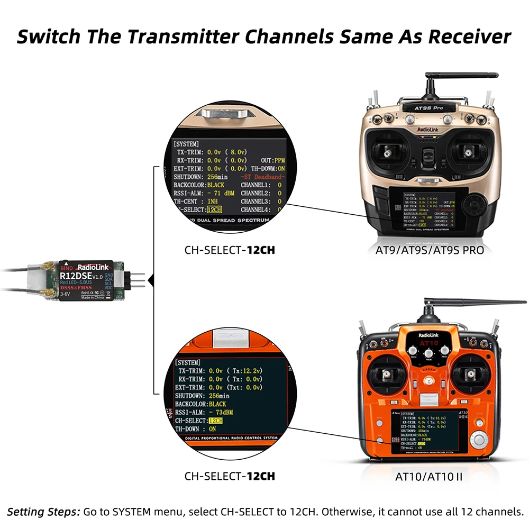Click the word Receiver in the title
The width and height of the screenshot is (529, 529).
pos(469,37)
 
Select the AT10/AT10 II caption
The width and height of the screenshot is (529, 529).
pos(429,476)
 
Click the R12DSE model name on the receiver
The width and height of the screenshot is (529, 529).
pos(76,275)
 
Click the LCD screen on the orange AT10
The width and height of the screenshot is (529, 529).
pos(428,431)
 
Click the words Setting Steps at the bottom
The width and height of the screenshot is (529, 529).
pos(43,512)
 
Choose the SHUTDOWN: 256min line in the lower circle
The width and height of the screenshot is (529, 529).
pos(204,396)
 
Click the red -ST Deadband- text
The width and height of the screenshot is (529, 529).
pos(262,177)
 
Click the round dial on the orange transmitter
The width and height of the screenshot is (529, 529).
pos(479,440)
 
